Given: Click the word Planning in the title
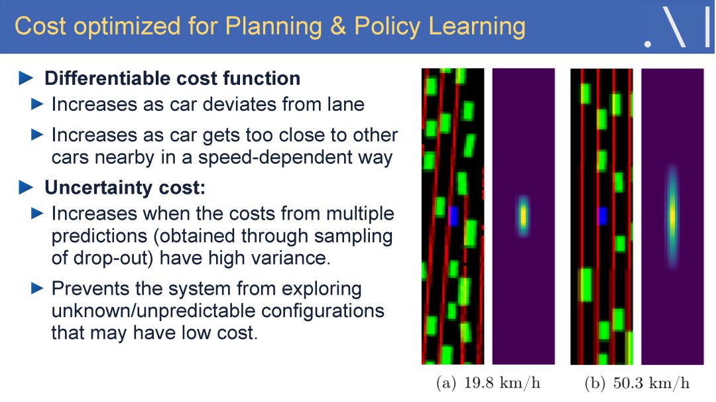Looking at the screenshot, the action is (274, 27).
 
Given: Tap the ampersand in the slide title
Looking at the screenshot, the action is (338, 26).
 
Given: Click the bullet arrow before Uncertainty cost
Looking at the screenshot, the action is (26, 187).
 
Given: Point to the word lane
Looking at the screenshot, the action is (345, 104).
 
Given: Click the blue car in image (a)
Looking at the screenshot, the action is (453, 216).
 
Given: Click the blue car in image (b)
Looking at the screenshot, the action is (602, 216).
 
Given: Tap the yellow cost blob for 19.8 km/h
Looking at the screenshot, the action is (523, 216).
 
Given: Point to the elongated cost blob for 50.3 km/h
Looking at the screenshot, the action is (672, 216).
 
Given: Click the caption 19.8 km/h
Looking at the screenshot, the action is (502, 383).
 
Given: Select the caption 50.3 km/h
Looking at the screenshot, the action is (651, 383).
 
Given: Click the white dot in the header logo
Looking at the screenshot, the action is (648, 44).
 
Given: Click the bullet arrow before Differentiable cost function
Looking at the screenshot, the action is (26, 78).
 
